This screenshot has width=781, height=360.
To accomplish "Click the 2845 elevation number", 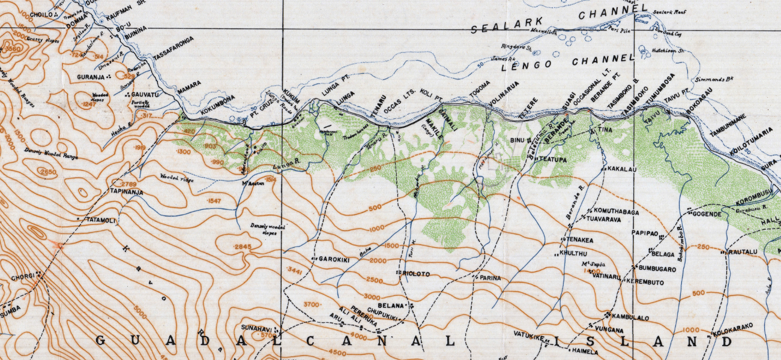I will [x=243, y=247].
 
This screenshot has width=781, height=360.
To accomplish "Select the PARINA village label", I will [x=490, y=278].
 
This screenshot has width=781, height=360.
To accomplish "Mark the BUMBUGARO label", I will [x=657, y=270].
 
